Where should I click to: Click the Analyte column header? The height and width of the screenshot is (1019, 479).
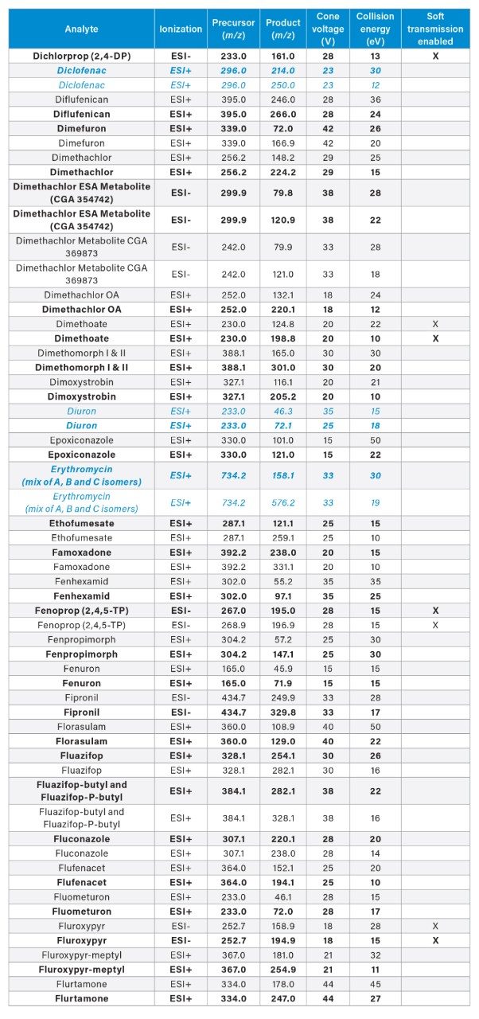coord(81,29)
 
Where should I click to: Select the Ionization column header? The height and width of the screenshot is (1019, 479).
coord(181,29)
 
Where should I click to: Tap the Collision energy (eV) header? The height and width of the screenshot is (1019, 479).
coord(375,29)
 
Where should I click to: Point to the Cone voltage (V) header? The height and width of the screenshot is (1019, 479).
coord(328,29)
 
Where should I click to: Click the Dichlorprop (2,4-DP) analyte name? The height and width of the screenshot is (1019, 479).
coord(81,57)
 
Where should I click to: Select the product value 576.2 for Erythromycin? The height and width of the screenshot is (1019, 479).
coord(284,503)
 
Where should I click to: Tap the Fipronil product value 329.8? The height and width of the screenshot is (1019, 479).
coord(284,712)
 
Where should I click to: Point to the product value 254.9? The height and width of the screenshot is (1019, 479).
coord(284,969)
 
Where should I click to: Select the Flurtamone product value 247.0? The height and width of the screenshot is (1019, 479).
coord(284,998)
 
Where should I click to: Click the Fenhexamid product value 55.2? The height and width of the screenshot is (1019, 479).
coord(284,582)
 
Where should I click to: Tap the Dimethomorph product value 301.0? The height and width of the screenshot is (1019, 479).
coord(284,367)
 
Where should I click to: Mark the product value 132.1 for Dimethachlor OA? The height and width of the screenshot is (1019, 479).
coord(284,295)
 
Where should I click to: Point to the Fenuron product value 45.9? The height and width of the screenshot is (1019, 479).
coord(284,669)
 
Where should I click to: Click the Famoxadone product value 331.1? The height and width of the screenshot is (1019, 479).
coord(284,567)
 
